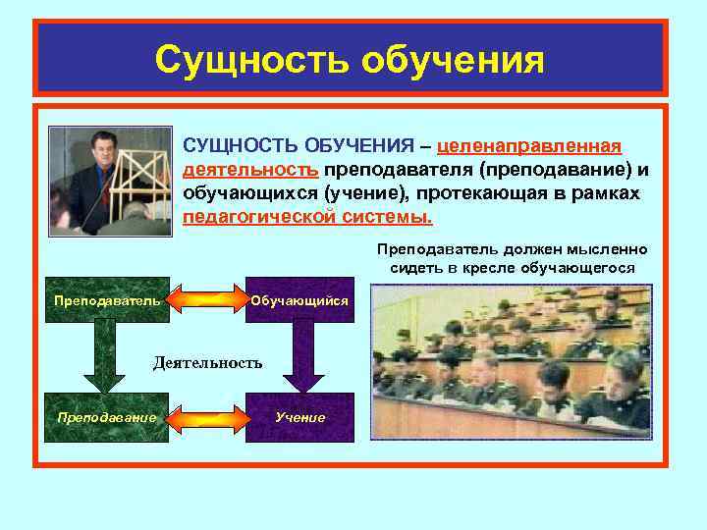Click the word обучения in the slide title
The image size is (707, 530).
tap(452, 60)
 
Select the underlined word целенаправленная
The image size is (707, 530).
tap(529, 146)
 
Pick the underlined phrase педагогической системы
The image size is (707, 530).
tap(307, 216)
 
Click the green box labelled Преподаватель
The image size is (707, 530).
tap(105, 298)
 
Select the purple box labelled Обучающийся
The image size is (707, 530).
tap(299, 298)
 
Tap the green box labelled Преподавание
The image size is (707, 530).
tap(105, 417)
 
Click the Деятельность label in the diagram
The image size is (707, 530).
tap(207, 363)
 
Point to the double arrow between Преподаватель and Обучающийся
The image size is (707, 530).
tap(204, 298)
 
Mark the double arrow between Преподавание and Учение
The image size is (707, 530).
tap(204, 417)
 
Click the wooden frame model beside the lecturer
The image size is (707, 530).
tap(142, 191)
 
